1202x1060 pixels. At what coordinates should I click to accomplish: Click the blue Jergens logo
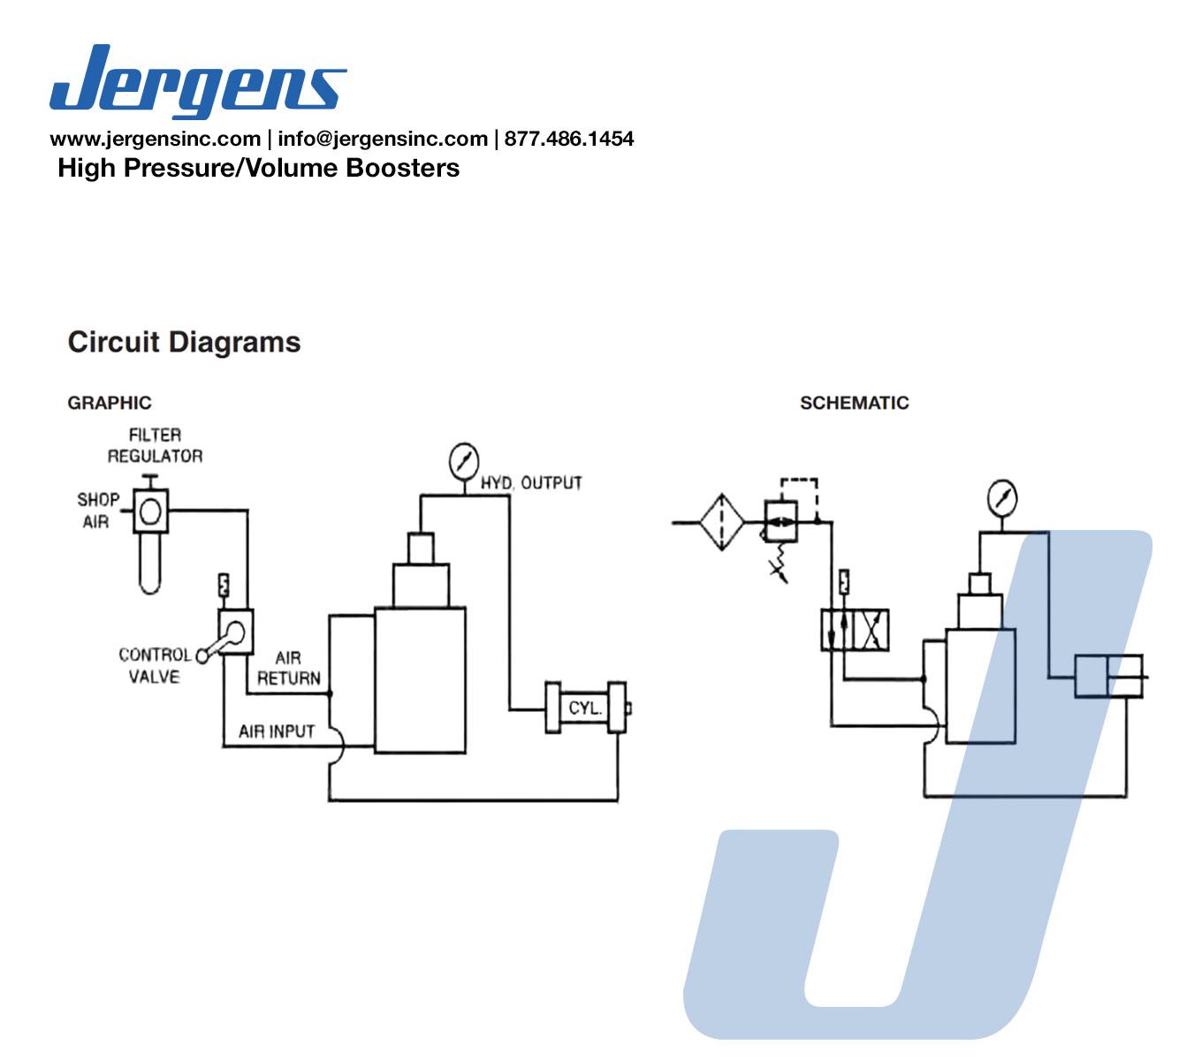coord(197,81)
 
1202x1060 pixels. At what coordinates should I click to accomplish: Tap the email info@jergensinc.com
coord(382,139)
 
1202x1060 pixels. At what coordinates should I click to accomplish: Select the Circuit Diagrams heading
coord(184,342)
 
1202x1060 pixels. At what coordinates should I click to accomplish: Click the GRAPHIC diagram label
coord(110,403)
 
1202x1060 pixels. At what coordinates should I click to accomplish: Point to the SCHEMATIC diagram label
coord(854,403)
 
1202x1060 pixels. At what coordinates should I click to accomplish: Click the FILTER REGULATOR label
coord(155,445)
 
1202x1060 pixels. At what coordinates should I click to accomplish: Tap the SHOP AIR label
coord(97,510)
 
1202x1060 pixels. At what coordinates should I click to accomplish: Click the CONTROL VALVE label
coord(155,665)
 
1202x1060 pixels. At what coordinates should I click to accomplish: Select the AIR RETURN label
coord(288,668)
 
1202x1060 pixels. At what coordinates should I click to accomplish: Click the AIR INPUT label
coord(276,731)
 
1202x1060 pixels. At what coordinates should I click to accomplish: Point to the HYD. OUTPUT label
coord(531,483)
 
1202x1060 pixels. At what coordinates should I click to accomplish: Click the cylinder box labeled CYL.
coord(585,708)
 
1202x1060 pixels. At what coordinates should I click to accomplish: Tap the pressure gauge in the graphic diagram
coord(463,461)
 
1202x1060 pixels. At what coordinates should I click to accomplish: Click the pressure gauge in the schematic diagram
coord(1002,497)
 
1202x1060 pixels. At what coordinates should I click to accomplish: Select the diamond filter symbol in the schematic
coord(722,522)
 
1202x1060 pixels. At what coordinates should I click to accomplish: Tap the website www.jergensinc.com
coord(155,139)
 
